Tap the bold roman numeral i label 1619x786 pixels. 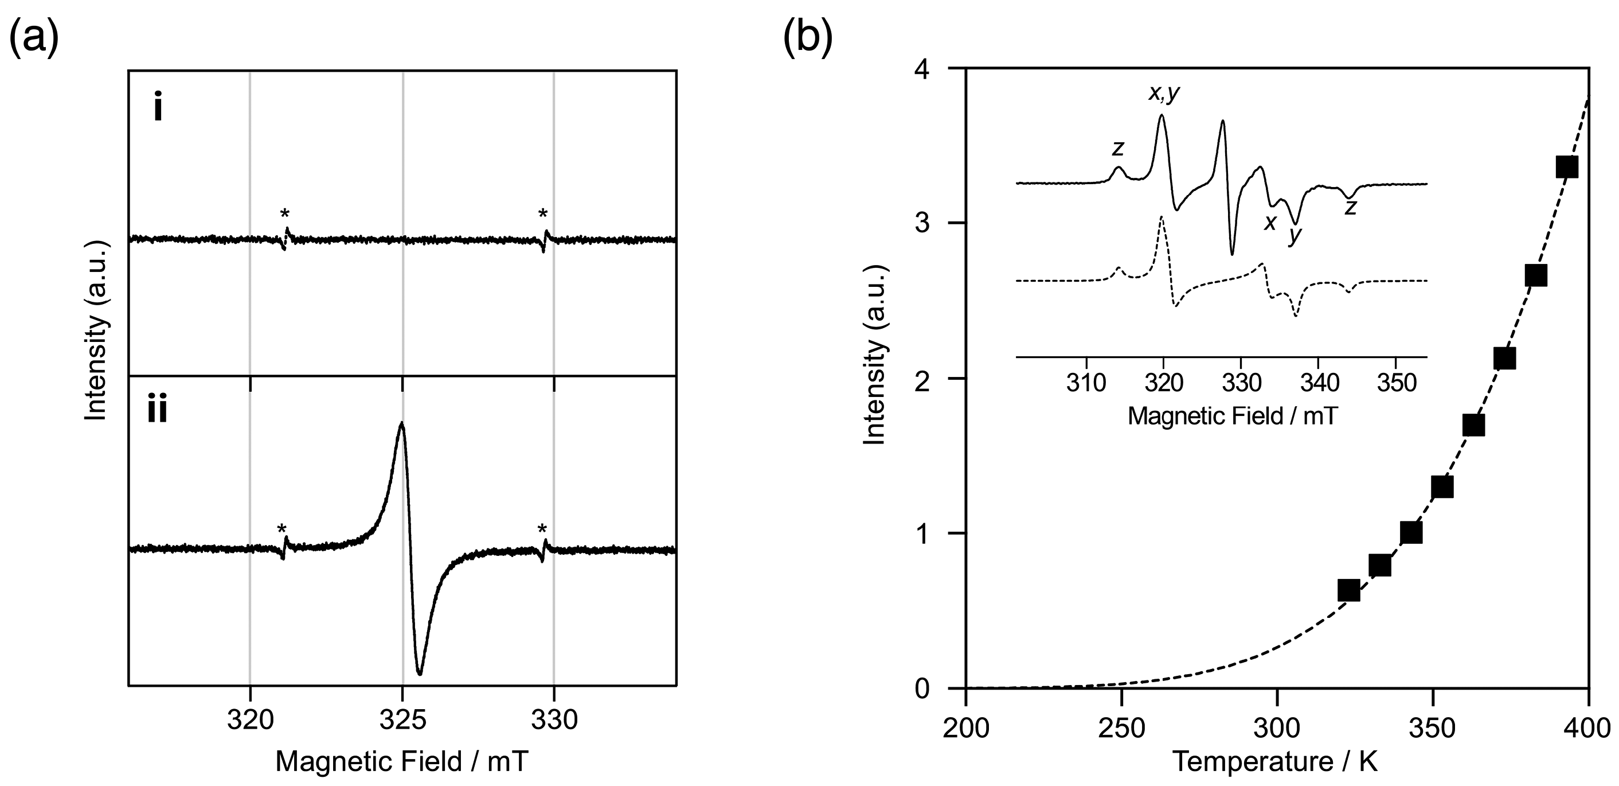158,109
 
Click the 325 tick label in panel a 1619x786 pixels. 402,720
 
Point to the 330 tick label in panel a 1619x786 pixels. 554,720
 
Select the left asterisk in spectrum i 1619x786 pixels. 285,215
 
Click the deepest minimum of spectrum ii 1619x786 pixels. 419,674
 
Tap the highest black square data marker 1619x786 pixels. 1567,168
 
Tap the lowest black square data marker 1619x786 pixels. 1349,590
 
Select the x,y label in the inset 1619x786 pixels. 1163,94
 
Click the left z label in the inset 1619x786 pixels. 1117,149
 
